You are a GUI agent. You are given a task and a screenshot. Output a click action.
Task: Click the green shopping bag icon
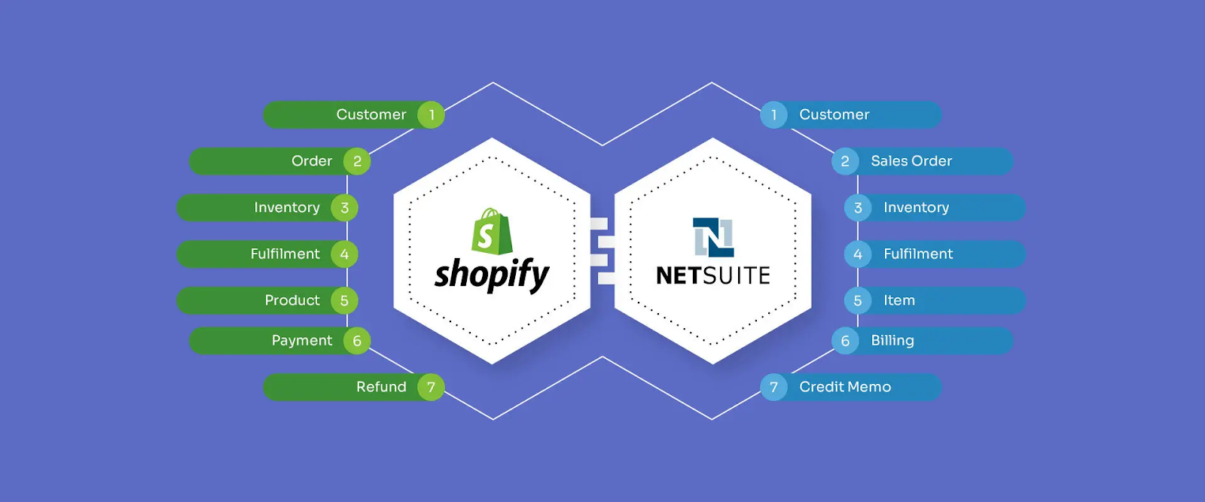click(x=492, y=231)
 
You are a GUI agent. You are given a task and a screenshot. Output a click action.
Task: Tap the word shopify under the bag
click(x=492, y=275)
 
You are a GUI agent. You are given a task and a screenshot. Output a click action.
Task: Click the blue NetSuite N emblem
click(x=713, y=237)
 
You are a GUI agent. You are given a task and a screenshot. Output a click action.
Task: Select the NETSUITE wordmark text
click(x=713, y=275)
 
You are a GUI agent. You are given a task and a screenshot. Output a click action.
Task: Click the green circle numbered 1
click(x=431, y=114)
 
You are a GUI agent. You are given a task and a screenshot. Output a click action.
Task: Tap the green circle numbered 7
click(x=431, y=387)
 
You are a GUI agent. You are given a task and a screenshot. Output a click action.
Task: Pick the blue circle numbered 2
click(x=845, y=161)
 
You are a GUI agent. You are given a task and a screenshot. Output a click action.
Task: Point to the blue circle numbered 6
click(x=845, y=341)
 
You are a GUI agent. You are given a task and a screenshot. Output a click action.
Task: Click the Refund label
click(x=381, y=387)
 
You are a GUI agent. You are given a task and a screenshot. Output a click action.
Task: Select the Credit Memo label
click(x=845, y=387)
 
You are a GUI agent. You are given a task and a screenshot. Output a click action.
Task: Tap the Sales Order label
click(x=911, y=161)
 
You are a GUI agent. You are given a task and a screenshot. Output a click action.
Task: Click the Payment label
click(x=302, y=341)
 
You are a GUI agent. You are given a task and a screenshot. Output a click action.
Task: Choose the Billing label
click(x=892, y=341)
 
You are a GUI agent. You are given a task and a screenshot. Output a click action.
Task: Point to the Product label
click(x=292, y=300)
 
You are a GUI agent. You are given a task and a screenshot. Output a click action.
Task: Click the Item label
click(x=899, y=300)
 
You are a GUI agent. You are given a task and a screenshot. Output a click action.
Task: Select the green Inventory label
click(x=287, y=208)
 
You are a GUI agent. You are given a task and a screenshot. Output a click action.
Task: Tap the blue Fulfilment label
click(x=918, y=254)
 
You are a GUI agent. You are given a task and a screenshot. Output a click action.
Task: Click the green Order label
click(x=312, y=161)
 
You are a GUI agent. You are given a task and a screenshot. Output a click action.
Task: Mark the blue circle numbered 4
click(x=858, y=254)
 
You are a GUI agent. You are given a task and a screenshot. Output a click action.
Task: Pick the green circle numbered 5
click(x=344, y=300)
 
